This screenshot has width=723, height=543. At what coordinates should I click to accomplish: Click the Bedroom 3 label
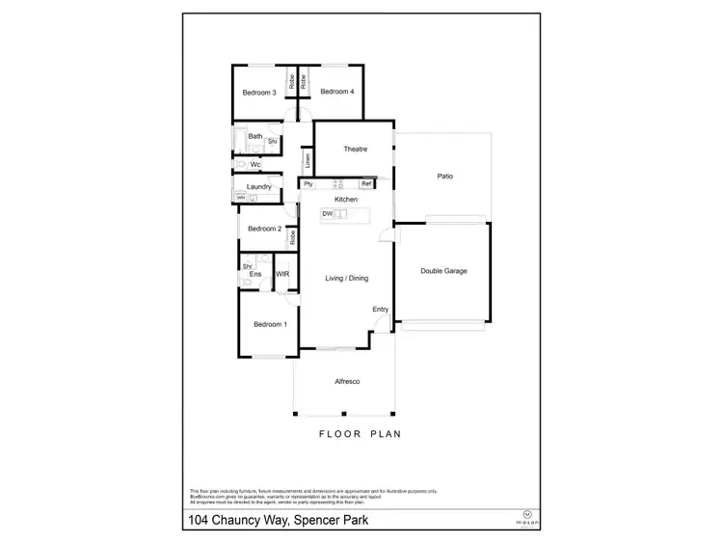pos(259,93)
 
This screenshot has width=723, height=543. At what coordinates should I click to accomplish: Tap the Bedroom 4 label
pos(337,92)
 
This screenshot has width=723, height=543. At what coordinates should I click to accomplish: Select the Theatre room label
pos(356,149)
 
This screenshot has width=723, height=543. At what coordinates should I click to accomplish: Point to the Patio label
pos(444,176)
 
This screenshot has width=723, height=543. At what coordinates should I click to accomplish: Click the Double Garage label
pos(443,271)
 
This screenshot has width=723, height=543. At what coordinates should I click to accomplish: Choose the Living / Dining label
pos(346,278)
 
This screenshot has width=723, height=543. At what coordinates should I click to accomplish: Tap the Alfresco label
pos(347,383)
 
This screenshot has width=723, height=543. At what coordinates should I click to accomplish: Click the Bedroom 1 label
pos(270,324)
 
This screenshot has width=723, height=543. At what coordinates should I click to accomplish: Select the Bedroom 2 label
pos(264,230)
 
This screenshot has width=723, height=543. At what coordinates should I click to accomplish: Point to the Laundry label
pos(258,186)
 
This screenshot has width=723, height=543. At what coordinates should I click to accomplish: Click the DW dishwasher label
pos(328,213)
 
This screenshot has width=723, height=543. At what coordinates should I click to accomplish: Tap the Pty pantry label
pos(308,184)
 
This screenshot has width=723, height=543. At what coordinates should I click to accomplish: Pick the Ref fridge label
pos(366,184)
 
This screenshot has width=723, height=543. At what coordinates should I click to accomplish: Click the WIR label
pos(283,275)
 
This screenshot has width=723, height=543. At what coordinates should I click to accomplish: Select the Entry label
pos(381,309)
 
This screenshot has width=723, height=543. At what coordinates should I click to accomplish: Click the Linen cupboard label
pos(307,159)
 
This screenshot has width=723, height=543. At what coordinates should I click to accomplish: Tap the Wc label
pos(255,165)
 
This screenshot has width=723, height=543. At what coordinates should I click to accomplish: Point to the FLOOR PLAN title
pos(360,434)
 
